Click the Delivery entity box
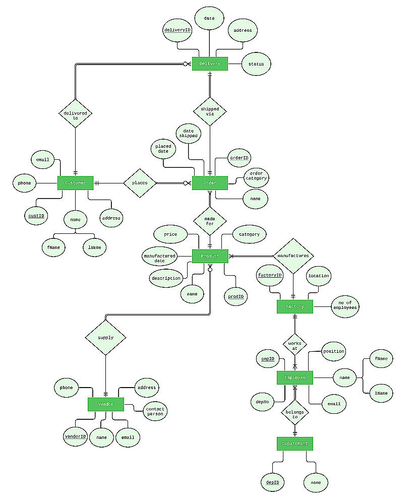[210, 64]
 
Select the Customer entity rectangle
[76, 183]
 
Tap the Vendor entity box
[106, 404]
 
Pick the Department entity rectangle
[295, 444]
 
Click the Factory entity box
[295, 306]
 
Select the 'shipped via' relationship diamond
[210, 111]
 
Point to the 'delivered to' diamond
[76, 113]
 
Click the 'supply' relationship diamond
[106, 337]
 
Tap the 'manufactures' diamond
[293, 256]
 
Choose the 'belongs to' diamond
[295, 414]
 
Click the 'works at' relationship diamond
[295, 346]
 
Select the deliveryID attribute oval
[178, 30]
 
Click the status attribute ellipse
[256, 64]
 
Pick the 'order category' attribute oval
[256, 176]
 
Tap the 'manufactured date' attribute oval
[159, 258]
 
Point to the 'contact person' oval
[155, 411]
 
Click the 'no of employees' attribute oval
[345, 305]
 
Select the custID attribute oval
[36, 216]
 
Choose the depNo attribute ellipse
[262, 402]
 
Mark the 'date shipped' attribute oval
[189, 133]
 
